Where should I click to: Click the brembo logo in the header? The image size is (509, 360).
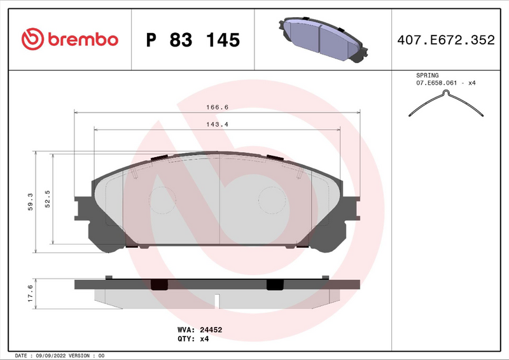pyautogui.click(x=69, y=39)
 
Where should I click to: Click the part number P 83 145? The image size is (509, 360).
pyautogui.click(x=193, y=40)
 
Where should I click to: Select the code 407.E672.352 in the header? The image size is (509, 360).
pyautogui.click(x=445, y=40)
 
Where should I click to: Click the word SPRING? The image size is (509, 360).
pyautogui.click(x=427, y=75)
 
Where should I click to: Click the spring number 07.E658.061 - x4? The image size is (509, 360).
pyautogui.click(x=445, y=83)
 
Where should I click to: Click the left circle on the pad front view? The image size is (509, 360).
pyautogui.click(x=163, y=200)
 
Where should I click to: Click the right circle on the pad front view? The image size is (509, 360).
pyautogui.click(x=272, y=200)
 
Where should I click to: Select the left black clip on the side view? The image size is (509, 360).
pyautogui.click(x=158, y=285)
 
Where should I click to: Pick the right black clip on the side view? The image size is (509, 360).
pyautogui.click(x=275, y=285)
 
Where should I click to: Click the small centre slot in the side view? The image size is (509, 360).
pyautogui.click(x=217, y=299)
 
